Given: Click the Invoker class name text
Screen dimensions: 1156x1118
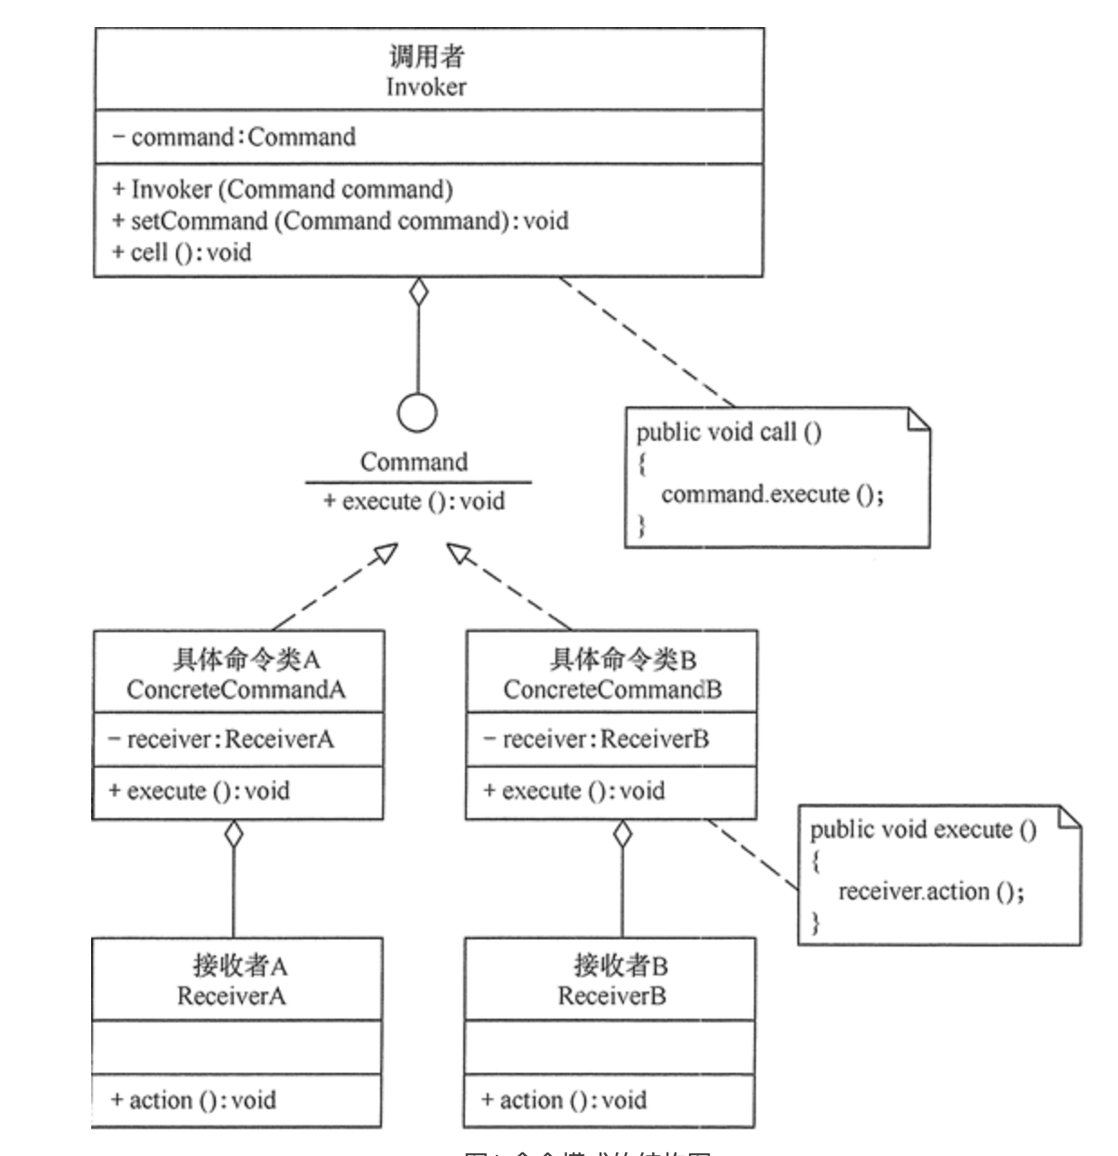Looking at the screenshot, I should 426,87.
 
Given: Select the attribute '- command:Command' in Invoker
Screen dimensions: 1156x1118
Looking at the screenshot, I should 234,137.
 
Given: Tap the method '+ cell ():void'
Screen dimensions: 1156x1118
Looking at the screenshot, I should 182,252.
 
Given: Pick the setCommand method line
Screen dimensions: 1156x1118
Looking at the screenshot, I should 340,221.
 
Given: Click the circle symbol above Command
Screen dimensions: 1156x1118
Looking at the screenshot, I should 417,414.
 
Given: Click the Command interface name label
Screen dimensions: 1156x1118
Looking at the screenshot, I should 414,462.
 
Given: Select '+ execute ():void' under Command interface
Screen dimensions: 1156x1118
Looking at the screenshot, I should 415,501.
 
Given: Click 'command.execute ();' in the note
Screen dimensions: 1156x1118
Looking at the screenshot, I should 772,494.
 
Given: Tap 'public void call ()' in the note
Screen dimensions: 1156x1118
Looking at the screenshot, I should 729,432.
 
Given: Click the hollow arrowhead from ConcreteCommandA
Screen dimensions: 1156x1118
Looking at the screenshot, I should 387,552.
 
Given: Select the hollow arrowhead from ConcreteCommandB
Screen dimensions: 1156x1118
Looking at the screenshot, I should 459,552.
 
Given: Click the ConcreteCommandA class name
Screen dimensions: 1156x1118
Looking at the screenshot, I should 237,690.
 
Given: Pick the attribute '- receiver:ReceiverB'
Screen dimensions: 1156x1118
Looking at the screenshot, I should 596,740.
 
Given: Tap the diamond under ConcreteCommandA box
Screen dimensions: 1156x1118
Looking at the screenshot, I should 234,834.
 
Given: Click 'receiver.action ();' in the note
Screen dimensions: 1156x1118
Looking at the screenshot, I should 930,891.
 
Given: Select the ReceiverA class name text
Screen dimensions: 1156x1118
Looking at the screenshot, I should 231,996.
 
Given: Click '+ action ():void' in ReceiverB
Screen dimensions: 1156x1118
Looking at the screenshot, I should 564,1100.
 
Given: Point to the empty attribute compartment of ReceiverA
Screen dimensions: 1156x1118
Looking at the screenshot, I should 237,1048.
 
